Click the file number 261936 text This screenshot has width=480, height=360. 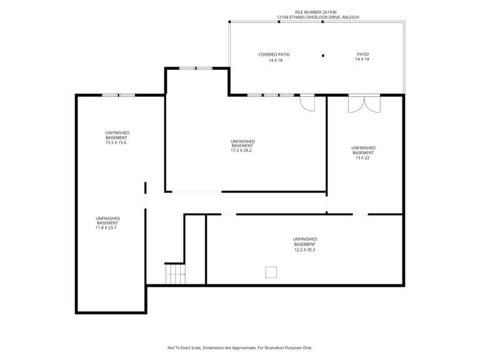(x=316, y=12)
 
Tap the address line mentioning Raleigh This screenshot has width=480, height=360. (x=317, y=17)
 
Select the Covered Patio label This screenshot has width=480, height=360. (x=274, y=54)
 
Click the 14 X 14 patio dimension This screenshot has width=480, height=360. (x=362, y=59)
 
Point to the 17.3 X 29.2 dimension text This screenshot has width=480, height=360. (x=241, y=151)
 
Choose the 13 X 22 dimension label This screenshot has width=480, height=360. (x=362, y=158)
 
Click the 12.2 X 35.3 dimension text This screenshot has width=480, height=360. (x=304, y=250)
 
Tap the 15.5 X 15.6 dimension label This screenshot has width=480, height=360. (x=116, y=142)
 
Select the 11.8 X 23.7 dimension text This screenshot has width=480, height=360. (x=106, y=227)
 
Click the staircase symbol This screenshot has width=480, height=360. (x=176, y=274)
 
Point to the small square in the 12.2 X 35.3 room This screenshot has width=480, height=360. (x=271, y=272)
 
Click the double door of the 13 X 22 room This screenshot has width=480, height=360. (x=364, y=104)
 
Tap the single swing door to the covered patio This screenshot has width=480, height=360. (x=307, y=103)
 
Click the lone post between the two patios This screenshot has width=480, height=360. (x=323, y=56)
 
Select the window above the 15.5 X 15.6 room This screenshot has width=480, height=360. (x=119, y=95)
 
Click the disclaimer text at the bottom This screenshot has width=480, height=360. (x=240, y=347)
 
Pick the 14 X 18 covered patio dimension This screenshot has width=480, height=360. (x=276, y=60)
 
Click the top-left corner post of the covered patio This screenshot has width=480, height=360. (x=229, y=22)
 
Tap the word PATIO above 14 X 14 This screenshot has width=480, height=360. (x=362, y=54)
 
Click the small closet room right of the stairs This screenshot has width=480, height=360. (x=195, y=249)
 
